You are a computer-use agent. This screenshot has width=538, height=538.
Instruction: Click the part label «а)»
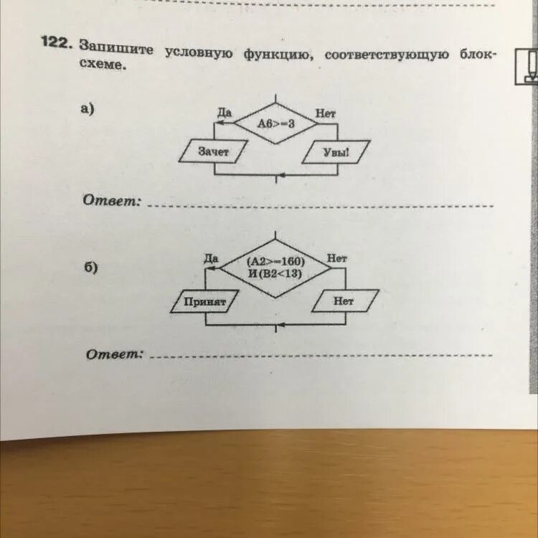88,109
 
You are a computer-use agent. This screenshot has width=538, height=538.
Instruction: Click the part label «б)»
90,267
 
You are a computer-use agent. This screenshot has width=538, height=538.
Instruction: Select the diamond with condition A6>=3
276,123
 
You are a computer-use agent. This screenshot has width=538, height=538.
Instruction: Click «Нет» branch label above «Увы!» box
325,113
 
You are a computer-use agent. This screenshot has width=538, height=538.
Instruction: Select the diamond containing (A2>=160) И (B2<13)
275,266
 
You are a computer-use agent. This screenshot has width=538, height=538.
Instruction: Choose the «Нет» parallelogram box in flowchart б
344,302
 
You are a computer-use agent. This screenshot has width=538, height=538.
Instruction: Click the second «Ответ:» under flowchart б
115,354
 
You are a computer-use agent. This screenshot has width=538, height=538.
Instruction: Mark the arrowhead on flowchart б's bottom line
282,325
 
